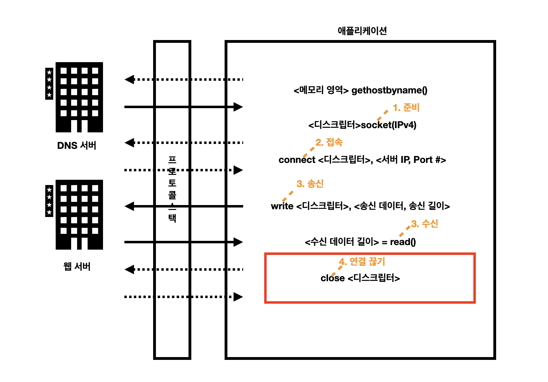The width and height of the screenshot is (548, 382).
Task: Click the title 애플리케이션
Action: point(362,31)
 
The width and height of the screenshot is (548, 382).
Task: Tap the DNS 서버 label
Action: point(77,145)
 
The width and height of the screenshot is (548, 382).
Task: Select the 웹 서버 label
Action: point(77,266)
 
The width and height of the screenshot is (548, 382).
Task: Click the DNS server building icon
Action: point(79,97)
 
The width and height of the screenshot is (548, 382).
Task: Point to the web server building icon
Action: point(79,215)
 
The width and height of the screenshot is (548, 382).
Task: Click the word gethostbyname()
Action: point(389,90)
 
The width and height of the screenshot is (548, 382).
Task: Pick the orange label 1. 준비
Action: point(406,107)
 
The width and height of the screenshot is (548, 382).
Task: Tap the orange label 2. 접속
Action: point(329,142)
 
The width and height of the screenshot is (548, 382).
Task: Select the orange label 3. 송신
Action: point(310,184)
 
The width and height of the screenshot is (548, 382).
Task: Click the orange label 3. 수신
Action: point(425,224)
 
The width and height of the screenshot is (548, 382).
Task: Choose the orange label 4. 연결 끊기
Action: point(362,262)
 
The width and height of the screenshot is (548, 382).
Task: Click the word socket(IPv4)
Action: point(389,125)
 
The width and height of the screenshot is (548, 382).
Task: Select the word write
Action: point(282,206)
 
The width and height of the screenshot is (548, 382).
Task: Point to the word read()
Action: point(403,242)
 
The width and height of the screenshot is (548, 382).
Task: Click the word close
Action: point(333,278)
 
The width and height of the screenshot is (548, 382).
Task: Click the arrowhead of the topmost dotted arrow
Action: point(129,79)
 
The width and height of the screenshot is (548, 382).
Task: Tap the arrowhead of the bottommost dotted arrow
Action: point(239,297)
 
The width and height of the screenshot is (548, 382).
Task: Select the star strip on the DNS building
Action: point(49,84)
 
